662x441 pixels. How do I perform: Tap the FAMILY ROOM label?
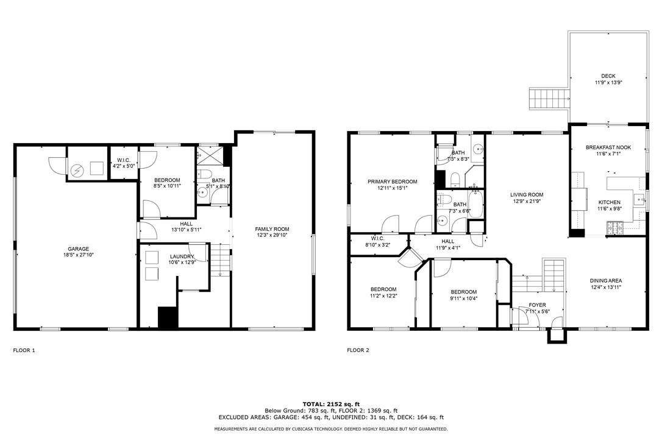(x=272, y=229)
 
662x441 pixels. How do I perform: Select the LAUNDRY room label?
(x=182, y=256)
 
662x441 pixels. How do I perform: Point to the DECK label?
(x=608, y=76)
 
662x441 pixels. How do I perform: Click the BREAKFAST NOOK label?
(x=608, y=147)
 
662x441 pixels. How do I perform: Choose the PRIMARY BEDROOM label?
(x=392, y=182)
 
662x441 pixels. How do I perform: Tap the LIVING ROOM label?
(x=527, y=195)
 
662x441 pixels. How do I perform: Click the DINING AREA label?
(x=606, y=281)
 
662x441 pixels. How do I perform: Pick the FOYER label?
(x=538, y=305)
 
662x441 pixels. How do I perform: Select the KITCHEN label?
(x=609, y=203)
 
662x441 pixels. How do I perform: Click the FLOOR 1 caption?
(x=24, y=350)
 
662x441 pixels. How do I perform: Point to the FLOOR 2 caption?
(x=358, y=350)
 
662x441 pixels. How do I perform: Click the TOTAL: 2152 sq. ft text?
(x=331, y=404)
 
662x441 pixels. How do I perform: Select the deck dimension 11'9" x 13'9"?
(x=608, y=83)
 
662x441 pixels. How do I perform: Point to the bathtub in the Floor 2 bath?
(x=475, y=205)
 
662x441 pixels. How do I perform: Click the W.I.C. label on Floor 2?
(x=377, y=238)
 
